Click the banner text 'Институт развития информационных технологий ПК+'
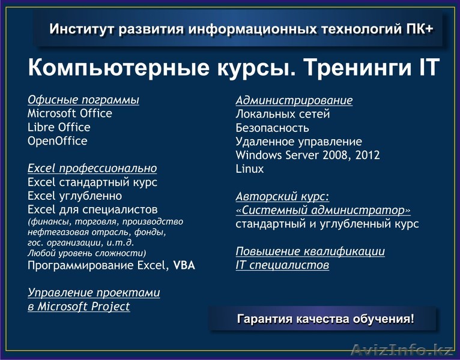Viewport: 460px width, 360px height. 241,29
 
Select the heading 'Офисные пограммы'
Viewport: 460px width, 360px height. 83,100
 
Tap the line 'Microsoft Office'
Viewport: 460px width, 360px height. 70,113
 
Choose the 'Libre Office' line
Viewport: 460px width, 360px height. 59,127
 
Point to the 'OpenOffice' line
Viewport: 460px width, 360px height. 57,141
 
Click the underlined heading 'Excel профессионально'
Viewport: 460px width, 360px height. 92,169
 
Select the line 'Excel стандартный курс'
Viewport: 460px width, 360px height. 92,182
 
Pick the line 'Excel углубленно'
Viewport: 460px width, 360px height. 74,196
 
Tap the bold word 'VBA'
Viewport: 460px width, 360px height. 184,265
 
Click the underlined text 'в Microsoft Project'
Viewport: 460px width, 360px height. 79,307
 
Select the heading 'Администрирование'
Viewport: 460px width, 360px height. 294,100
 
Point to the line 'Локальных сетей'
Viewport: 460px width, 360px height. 283,114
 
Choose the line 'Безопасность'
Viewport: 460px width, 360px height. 272,128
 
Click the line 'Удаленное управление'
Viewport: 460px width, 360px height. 298,142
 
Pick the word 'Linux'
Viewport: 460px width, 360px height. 250,169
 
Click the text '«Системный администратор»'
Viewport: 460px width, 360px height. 323,211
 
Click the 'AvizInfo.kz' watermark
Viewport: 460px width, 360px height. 401,349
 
